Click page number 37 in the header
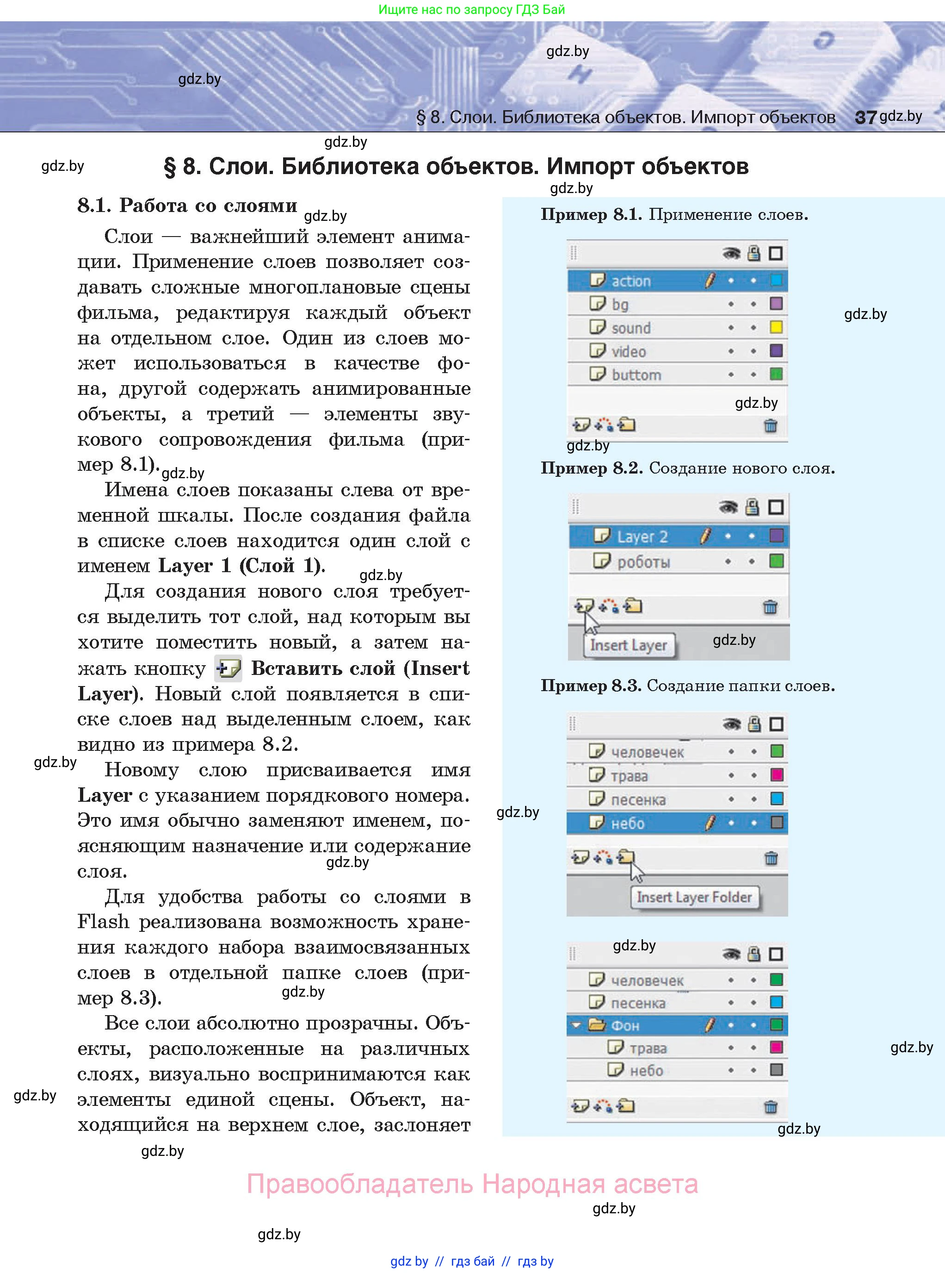(x=865, y=117)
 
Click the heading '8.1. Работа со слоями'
(x=187, y=206)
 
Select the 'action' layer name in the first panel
(x=631, y=281)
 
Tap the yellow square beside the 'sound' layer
(x=776, y=327)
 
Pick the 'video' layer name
(x=628, y=351)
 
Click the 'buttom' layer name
(x=636, y=375)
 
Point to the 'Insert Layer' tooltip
(x=629, y=645)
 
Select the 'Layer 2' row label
(x=642, y=537)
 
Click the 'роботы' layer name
(x=643, y=562)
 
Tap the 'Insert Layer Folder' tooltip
(x=694, y=897)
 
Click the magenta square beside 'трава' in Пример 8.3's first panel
(x=776, y=775)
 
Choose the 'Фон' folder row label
(x=625, y=1025)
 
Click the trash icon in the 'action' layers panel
(x=771, y=425)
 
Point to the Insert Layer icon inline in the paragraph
(x=228, y=668)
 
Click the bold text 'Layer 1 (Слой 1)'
(x=241, y=566)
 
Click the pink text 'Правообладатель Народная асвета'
(x=472, y=1184)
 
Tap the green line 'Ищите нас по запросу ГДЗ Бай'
(x=472, y=10)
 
